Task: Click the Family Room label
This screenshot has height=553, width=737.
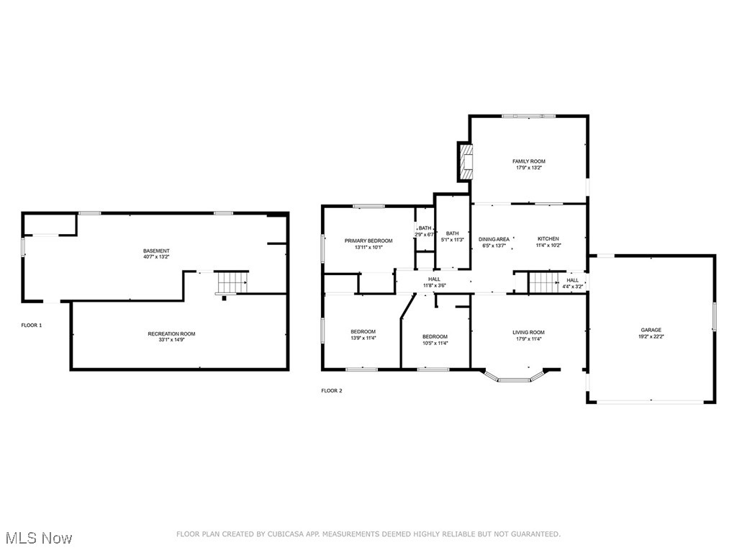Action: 528,161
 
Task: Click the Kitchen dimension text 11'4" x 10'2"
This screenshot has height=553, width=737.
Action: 548,246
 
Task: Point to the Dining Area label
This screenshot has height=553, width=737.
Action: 494,239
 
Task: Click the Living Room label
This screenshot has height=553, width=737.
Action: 528,333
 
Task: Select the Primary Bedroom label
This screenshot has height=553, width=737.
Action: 368,240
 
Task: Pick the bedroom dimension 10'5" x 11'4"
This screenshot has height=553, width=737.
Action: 435,343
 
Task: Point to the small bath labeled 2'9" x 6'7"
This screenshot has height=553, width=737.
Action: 425,231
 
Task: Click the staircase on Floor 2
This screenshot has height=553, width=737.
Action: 545,282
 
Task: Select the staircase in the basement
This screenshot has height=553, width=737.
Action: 232,282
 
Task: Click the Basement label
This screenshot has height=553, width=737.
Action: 156,251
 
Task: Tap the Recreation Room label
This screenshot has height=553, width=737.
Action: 171,333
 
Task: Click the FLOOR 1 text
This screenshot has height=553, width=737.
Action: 31,325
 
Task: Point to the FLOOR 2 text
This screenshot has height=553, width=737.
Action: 332,391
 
